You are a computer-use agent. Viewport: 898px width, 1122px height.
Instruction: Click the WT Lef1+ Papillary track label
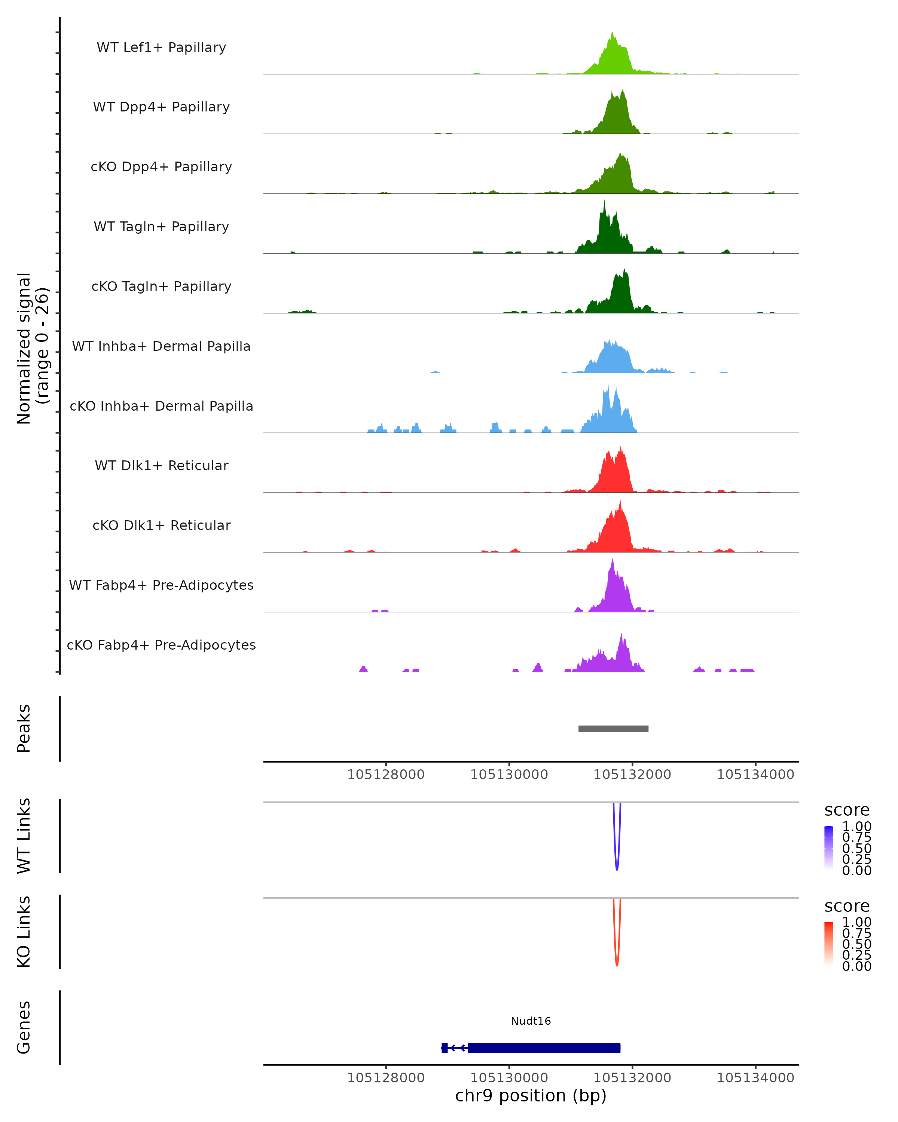tap(161, 47)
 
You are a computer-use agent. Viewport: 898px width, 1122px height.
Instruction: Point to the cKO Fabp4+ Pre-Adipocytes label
tap(161, 645)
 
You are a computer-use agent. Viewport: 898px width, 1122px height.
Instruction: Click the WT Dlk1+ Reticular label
tap(161, 465)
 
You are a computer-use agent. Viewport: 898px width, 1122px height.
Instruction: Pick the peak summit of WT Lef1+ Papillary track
tap(612, 33)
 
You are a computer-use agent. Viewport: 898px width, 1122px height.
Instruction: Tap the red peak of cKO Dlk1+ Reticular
tap(620, 503)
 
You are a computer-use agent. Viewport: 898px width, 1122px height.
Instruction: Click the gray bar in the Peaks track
tap(613, 729)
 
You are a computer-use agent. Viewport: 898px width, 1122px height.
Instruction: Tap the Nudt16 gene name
tap(531, 1021)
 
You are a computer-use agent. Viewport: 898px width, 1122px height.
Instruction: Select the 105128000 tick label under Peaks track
tap(386, 775)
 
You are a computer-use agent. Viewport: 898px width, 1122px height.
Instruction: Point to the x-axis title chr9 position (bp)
tap(531, 1095)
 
